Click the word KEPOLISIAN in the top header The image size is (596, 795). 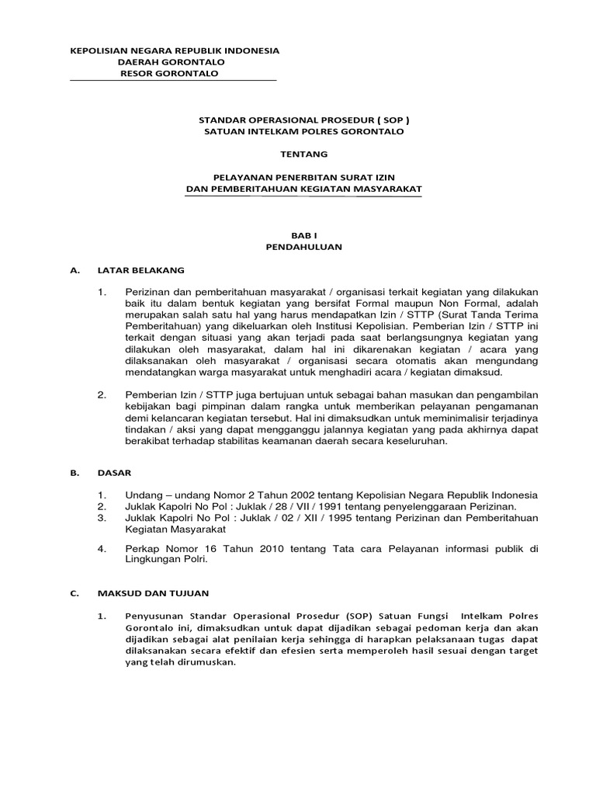click(98, 50)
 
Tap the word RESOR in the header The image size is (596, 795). click(134, 74)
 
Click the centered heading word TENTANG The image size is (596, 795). click(304, 154)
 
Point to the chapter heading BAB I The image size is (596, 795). click(304, 235)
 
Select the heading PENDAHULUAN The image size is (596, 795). click(304, 247)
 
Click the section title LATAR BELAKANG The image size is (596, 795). click(140, 270)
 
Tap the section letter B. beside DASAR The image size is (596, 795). click(74, 471)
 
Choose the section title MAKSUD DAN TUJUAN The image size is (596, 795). click(153, 594)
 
